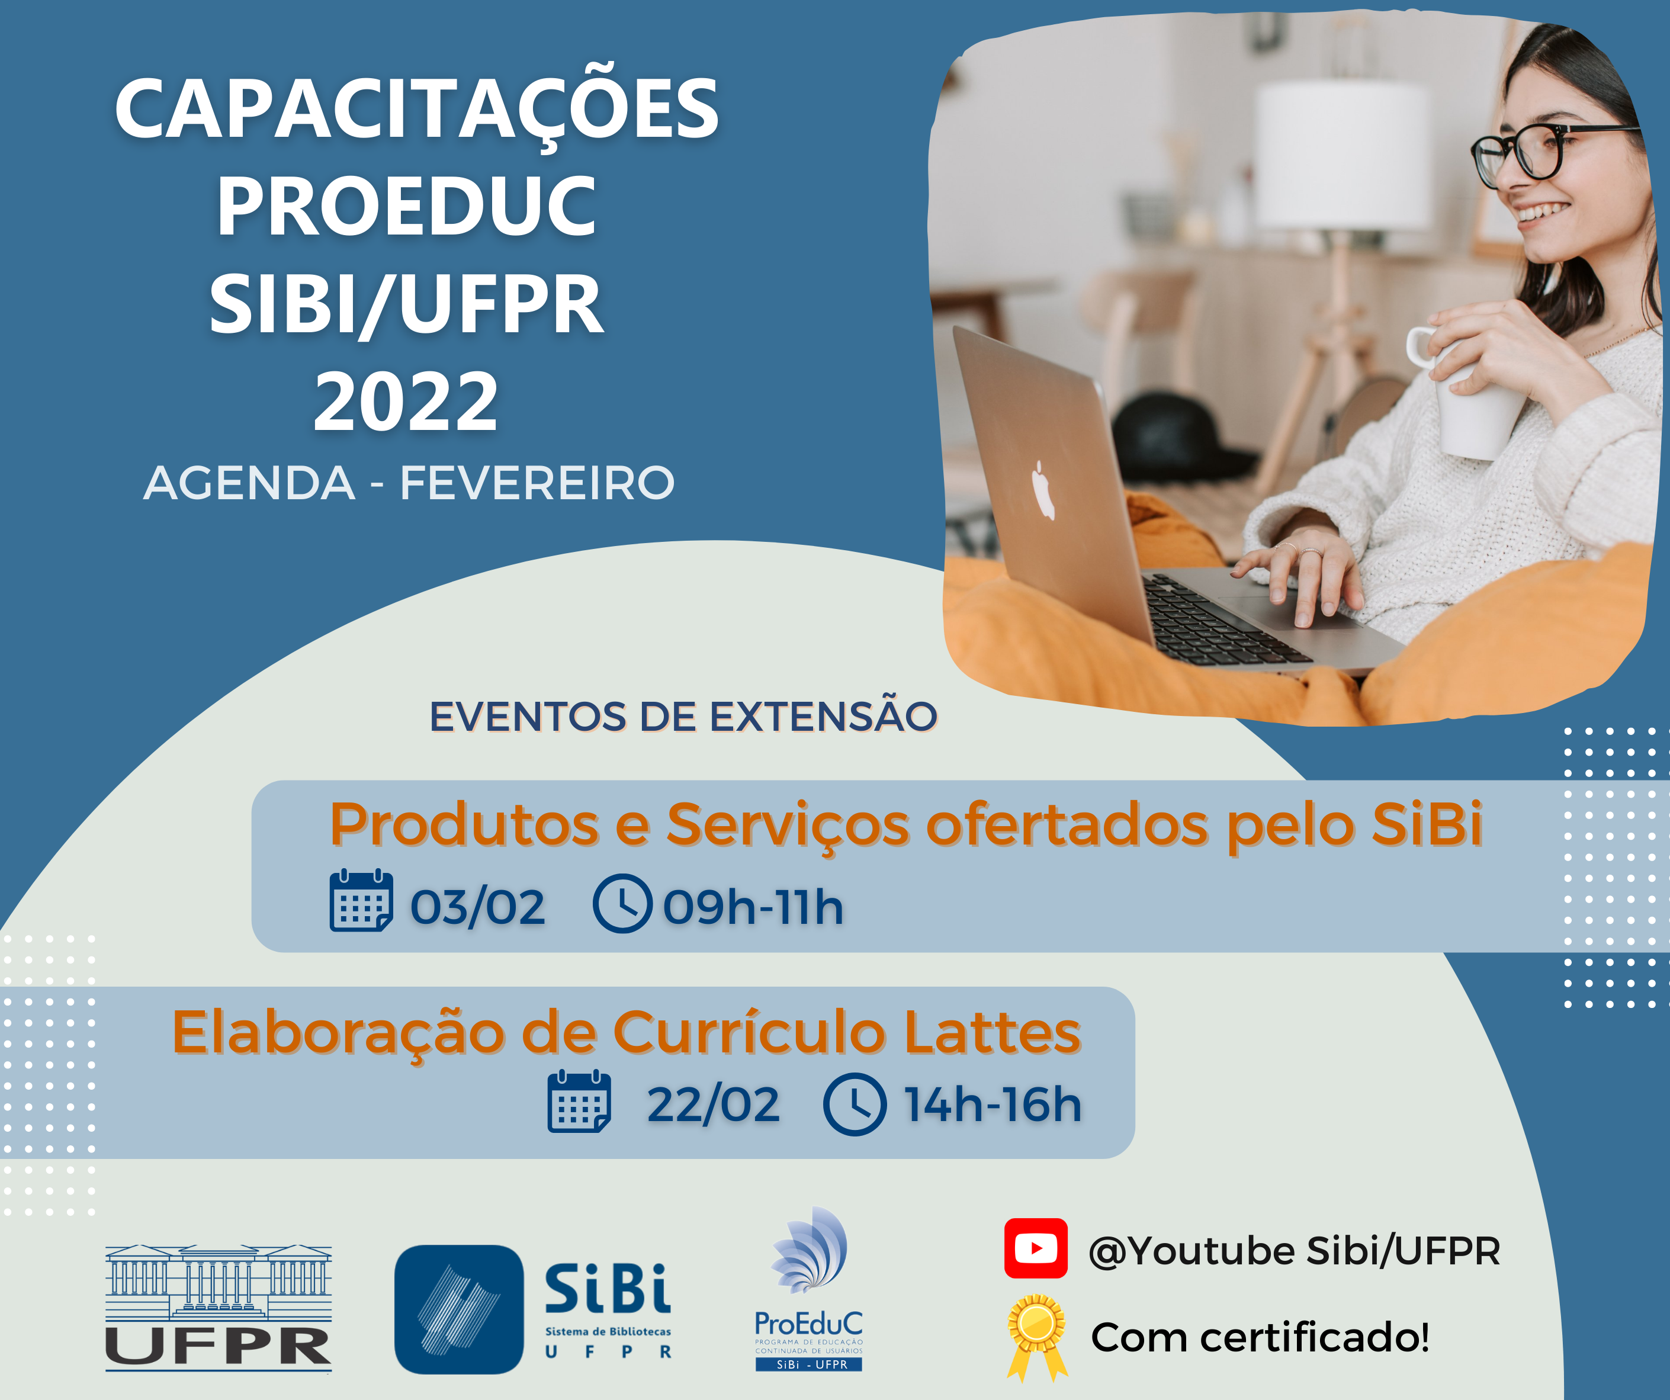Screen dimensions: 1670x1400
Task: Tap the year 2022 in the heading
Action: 406,402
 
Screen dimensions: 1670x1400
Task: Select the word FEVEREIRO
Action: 538,483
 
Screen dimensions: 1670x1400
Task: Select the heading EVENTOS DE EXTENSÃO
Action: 683,716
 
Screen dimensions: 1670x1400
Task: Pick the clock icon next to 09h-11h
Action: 622,903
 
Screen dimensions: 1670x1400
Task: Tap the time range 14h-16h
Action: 993,1104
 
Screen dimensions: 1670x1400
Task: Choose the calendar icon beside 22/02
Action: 579,1102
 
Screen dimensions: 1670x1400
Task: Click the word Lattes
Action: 993,1032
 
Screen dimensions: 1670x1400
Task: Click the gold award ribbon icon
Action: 1037,1337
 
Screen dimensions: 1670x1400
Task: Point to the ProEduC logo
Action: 809,1289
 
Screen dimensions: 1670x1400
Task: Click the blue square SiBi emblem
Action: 459,1309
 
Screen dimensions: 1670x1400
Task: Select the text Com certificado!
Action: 1260,1337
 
